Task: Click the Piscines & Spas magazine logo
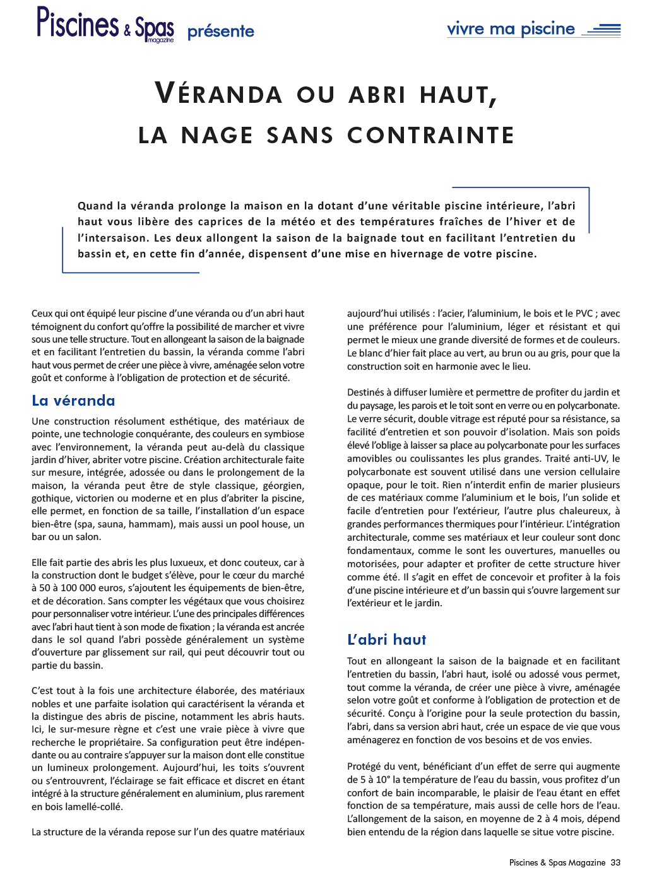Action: [x=105, y=24]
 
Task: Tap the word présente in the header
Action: [x=221, y=32]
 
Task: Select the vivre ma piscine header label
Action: [x=511, y=29]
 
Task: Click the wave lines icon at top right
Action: [x=602, y=29]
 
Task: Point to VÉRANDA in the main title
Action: [x=218, y=94]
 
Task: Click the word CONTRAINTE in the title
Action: [x=431, y=135]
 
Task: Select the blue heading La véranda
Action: [x=73, y=401]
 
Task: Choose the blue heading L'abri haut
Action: [x=387, y=640]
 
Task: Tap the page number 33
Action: [x=615, y=862]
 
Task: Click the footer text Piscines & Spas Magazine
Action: [x=557, y=862]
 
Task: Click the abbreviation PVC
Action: [x=584, y=314]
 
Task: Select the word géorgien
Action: [x=283, y=485]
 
